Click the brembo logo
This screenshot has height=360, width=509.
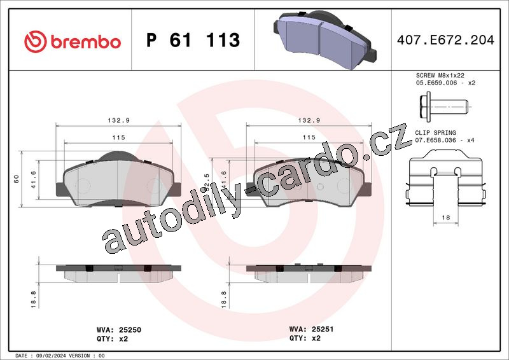click(73, 41)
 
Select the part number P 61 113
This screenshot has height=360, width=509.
click(193, 40)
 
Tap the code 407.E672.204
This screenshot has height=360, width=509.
click(445, 40)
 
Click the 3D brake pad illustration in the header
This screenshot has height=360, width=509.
click(324, 39)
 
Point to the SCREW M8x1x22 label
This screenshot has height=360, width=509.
click(440, 75)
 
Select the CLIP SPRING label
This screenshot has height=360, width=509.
click(435, 133)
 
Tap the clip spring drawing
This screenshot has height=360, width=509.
click(446, 177)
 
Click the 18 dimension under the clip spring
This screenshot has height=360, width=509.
click(446, 218)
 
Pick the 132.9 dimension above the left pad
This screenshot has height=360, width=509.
click(118, 120)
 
